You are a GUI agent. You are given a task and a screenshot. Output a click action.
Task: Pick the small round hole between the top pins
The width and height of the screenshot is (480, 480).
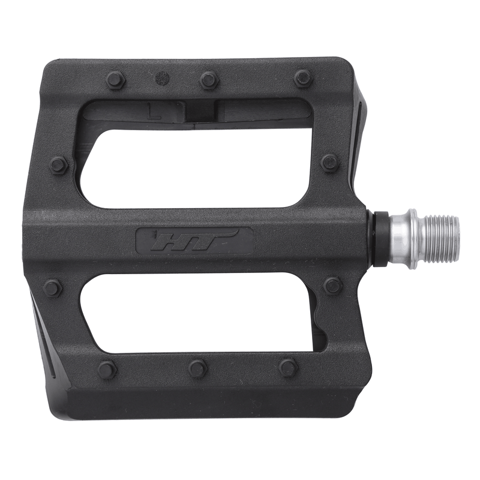tap(162, 78)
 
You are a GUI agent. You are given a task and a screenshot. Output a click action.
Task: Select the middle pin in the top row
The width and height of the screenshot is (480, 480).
tap(209, 79)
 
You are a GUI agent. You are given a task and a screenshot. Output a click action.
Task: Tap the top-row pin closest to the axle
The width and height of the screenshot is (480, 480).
tap(303, 78)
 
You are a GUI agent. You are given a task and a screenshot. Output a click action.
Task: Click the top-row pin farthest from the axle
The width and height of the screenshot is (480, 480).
tap(115, 80)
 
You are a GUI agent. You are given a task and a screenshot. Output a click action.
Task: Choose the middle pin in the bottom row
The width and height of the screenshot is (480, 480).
tap(197, 368)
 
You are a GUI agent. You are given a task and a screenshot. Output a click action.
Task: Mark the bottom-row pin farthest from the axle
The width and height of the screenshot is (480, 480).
tap(107, 370)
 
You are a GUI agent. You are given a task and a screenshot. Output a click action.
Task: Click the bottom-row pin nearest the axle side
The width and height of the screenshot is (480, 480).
tap(289, 367)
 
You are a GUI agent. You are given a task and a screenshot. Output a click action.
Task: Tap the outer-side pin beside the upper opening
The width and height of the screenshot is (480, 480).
tap(59, 164)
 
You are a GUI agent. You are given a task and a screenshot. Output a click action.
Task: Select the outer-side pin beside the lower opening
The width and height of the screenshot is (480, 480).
tap(53, 288)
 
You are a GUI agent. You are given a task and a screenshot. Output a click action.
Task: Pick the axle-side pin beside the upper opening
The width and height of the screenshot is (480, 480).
tap(330, 162)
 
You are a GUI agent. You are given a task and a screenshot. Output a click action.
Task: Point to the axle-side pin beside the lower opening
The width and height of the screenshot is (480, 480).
tap(333, 285)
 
